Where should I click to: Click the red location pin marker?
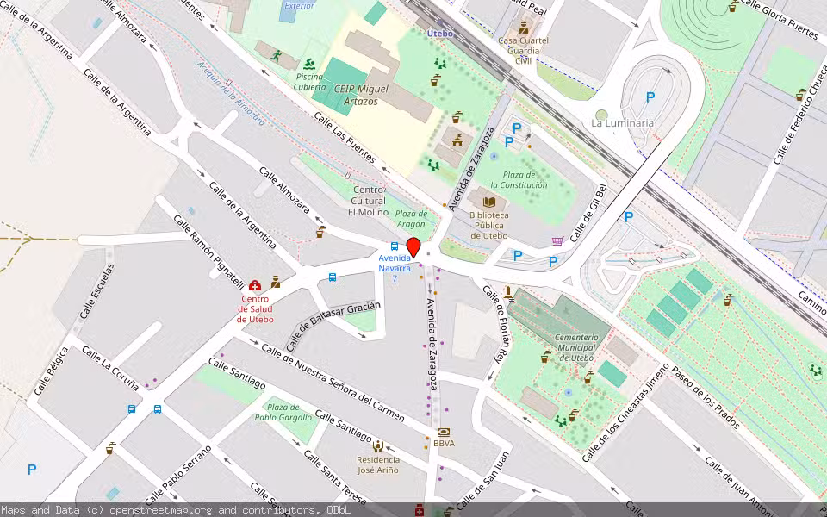(413, 247)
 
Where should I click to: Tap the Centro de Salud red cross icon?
(255, 285)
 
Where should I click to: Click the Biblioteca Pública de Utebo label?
(488, 225)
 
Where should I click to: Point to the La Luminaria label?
(622, 123)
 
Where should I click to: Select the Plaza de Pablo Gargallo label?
(283, 412)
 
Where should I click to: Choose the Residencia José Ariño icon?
(378, 445)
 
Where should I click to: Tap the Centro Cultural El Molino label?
(368, 201)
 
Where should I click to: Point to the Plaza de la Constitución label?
(519, 179)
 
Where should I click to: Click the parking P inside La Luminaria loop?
(650, 97)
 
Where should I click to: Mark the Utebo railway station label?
(439, 33)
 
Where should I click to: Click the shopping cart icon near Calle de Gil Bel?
(557, 241)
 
